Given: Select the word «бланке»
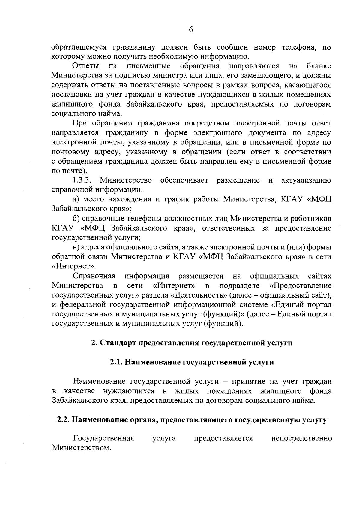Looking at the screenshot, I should point(319,66).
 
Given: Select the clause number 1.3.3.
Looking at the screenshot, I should point(82,181).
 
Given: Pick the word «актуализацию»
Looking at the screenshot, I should point(306,181).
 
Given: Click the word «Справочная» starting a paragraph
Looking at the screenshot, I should point(94,277).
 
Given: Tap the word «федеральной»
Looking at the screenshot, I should point(81,305).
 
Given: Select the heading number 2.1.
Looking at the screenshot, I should point(116,362).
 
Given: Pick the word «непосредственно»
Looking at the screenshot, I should point(301,439).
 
